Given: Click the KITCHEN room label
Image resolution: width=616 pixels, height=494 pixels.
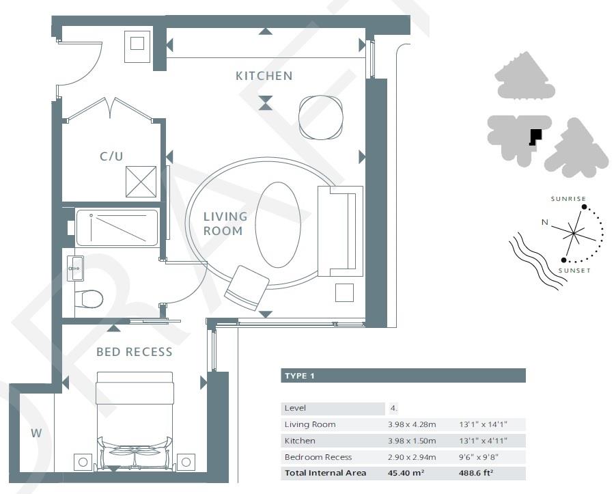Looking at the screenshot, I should point(264,76).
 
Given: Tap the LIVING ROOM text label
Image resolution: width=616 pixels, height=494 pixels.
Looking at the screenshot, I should point(225,223).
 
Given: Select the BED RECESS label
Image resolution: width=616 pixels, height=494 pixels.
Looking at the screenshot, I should point(134,352).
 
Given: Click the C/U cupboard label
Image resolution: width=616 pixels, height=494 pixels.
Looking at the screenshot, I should point(111,156).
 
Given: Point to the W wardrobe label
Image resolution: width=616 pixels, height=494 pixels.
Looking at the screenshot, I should point(36,433).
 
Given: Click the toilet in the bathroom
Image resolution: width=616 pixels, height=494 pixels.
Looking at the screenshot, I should point(89,299).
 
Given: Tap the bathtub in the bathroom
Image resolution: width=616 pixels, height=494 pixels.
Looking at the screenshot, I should point(117,228).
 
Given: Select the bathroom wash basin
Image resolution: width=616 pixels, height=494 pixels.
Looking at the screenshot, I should point(75,269).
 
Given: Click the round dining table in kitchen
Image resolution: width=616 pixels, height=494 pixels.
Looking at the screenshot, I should point(320,118).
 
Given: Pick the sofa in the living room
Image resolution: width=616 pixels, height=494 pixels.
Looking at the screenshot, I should point(339,231).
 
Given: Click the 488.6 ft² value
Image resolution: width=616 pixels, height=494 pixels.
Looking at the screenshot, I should point(479,473).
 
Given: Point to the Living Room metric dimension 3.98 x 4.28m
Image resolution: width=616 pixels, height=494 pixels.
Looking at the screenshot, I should point(413,424).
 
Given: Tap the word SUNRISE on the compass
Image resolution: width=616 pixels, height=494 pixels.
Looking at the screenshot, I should point(568,199).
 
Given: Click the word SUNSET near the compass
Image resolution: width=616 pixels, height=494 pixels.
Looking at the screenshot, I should point(572,271).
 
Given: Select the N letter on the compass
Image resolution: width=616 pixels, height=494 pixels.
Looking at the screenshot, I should point(544,222).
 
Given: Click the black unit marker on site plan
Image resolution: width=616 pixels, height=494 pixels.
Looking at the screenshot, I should point(535,137).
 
